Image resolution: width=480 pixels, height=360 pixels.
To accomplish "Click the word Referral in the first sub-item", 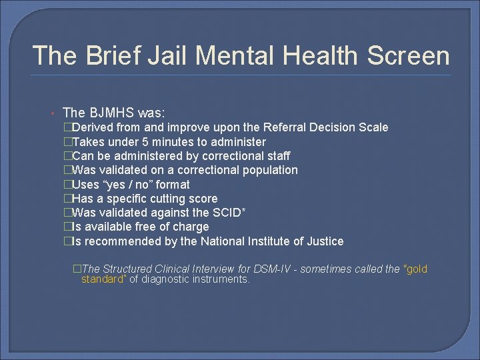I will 289,127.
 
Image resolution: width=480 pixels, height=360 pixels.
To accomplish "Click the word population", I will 269,170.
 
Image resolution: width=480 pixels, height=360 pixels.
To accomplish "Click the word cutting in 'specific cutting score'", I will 166,199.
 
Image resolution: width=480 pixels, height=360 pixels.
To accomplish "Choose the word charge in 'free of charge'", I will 191,227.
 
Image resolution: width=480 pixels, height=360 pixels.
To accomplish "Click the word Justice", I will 323,241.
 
